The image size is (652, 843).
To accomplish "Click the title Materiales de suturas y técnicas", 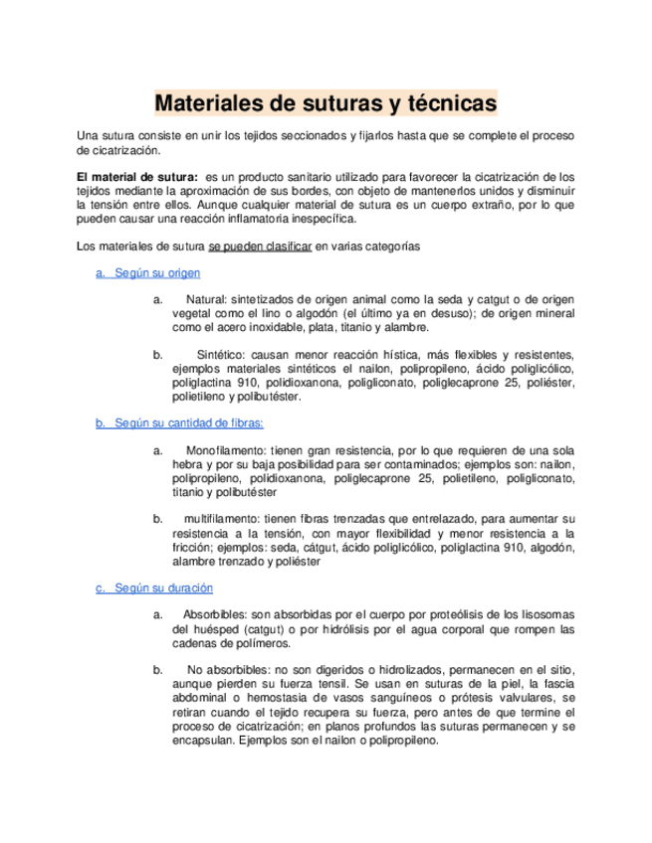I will pyautogui.click(x=326, y=102).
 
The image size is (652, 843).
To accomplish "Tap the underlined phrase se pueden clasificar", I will pyautogui.click(x=261, y=246).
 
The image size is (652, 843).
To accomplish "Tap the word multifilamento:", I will pyautogui.click(x=222, y=519).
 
